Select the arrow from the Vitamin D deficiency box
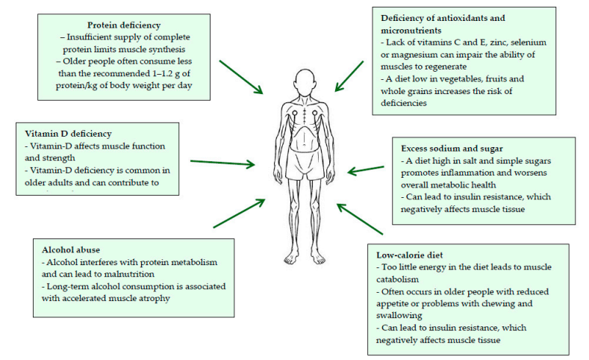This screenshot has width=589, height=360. (225, 161)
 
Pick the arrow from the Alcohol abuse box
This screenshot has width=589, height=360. (239, 213)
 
